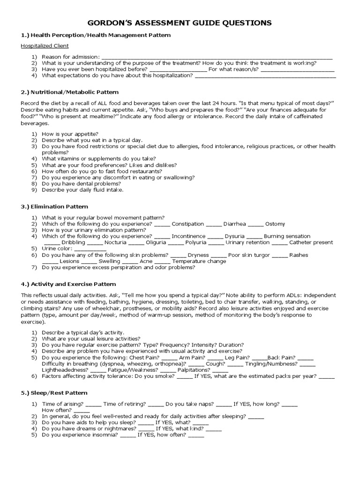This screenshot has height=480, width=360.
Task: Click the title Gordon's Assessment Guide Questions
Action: click(180, 22)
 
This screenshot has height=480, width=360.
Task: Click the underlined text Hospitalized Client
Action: click(45, 46)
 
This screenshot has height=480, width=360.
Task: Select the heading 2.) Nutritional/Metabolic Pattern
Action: click(69, 92)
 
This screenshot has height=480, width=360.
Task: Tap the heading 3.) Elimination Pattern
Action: click(54, 207)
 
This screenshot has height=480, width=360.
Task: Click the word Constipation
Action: click(188, 224)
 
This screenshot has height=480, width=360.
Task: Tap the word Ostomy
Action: click(275, 224)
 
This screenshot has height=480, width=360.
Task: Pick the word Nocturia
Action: click(115, 243)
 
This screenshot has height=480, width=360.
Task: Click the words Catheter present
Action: click(311, 243)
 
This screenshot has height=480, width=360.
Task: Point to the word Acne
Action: click(146, 262)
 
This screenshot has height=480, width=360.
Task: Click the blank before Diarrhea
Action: click(214, 224)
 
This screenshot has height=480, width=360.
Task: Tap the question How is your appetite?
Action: click(69, 134)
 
